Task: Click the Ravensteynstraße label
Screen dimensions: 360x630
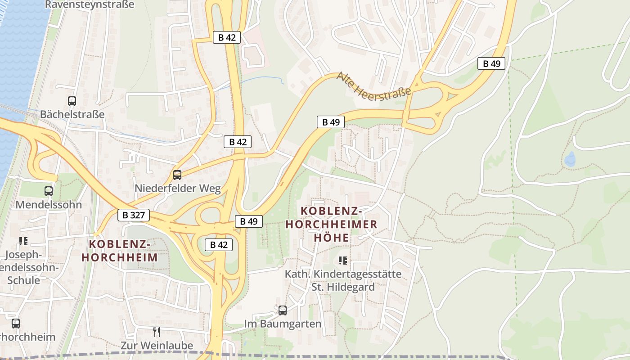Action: (x=90, y=4)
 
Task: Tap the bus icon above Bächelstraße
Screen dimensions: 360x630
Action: (x=72, y=101)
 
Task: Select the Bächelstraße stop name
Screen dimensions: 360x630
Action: (x=72, y=114)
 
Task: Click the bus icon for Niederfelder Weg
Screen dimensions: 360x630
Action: (x=177, y=175)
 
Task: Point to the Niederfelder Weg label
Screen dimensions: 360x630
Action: (x=178, y=188)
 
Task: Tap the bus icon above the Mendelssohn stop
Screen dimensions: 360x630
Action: (x=49, y=191)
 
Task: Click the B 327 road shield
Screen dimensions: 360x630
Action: (x=134, y=215)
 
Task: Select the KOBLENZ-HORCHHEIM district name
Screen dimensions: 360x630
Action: (x=119, y=251)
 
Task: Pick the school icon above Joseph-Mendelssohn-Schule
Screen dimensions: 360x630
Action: (x=23, y=241)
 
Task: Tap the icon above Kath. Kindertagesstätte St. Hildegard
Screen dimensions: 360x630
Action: (x=343, y=261)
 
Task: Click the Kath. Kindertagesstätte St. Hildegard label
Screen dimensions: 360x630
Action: (x=343, y=280)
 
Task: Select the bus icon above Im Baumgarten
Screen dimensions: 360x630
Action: (x=283, y=310)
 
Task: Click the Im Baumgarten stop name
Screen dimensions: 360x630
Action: (x=283, y=324)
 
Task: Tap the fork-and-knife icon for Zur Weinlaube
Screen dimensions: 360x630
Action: (x=157, y=332)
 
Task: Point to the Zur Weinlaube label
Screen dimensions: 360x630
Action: (x=157, y=345)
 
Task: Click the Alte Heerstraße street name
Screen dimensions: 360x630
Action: (x=373, y=85)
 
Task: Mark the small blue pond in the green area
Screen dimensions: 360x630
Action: (x=570, y=159)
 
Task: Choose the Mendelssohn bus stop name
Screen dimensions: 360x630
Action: (x=49, y=205)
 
